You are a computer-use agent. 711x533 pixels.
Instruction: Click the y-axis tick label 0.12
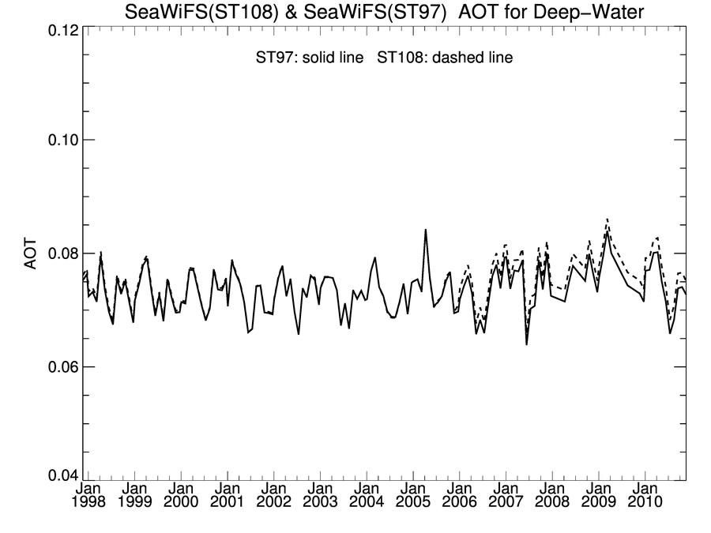coord(59,27)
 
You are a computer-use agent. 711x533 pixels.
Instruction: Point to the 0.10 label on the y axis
coord(59,140)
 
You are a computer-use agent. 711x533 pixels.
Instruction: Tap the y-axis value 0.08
coord(59,253)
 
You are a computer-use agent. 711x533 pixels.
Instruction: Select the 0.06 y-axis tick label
coord(59,367)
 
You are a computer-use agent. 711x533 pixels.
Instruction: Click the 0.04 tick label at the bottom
coord(59,476)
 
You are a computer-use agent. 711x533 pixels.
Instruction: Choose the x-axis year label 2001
coord(228,502)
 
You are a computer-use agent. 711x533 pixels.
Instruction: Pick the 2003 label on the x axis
coord(321,502)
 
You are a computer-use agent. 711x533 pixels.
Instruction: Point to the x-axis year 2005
coord(413,502)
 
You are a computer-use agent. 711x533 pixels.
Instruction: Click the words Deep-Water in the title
coord(589,10)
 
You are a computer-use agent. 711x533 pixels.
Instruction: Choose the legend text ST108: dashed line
coord(445,58)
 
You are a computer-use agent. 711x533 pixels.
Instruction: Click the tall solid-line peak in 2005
coord(426,230)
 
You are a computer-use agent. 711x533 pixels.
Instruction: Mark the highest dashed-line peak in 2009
coord(607,219)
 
